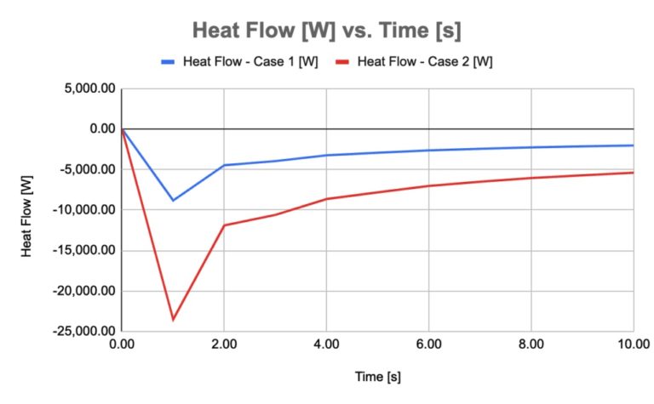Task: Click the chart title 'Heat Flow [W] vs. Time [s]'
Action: (x=327, y=31)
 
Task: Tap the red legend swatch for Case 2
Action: (x=342, y=61)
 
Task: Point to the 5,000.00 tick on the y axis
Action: (x=86, y=88)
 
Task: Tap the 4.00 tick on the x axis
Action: (x=326, y=344)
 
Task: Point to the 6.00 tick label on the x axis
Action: (x=428, y=344)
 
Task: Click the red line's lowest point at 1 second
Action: (x=173, y=320)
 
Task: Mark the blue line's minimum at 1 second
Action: (x=173, y=200)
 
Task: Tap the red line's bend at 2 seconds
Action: (x=224, y=225)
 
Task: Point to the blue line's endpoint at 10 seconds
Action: (x=633, y=145)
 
